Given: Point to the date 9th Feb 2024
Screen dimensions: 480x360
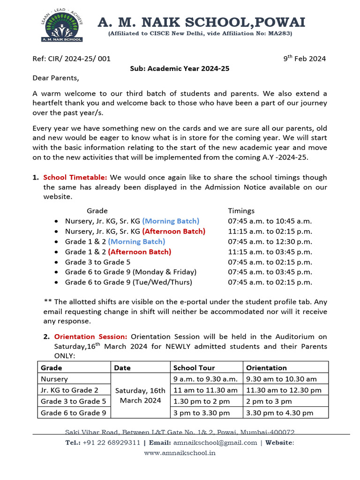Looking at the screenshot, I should coord(304,59).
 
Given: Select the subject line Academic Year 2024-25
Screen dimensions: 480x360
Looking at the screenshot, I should coord(180,68).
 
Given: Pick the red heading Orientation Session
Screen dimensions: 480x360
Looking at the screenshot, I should coord(90,337).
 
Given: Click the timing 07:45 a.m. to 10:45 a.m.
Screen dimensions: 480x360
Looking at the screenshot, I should coord(270,221).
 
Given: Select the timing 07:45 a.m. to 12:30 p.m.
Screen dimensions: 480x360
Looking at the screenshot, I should coord(270,241).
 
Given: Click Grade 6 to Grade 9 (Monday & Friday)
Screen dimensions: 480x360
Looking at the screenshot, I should coord(130,272).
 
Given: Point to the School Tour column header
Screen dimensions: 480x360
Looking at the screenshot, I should coord(194,368).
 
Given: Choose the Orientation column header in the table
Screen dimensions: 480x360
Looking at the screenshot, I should coord(266,368).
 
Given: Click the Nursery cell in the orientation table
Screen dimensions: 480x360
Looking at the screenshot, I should coord(54,379).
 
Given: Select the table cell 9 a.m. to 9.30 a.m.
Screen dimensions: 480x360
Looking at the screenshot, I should coord(205,379).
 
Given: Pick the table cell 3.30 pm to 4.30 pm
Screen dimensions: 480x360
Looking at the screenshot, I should coord(279,413).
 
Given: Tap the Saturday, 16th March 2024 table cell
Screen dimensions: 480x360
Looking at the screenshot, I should coord(140,396).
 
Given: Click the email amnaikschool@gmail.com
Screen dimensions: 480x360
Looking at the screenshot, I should coord(215,442).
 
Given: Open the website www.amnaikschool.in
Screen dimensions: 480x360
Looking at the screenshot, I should coord(180,453).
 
